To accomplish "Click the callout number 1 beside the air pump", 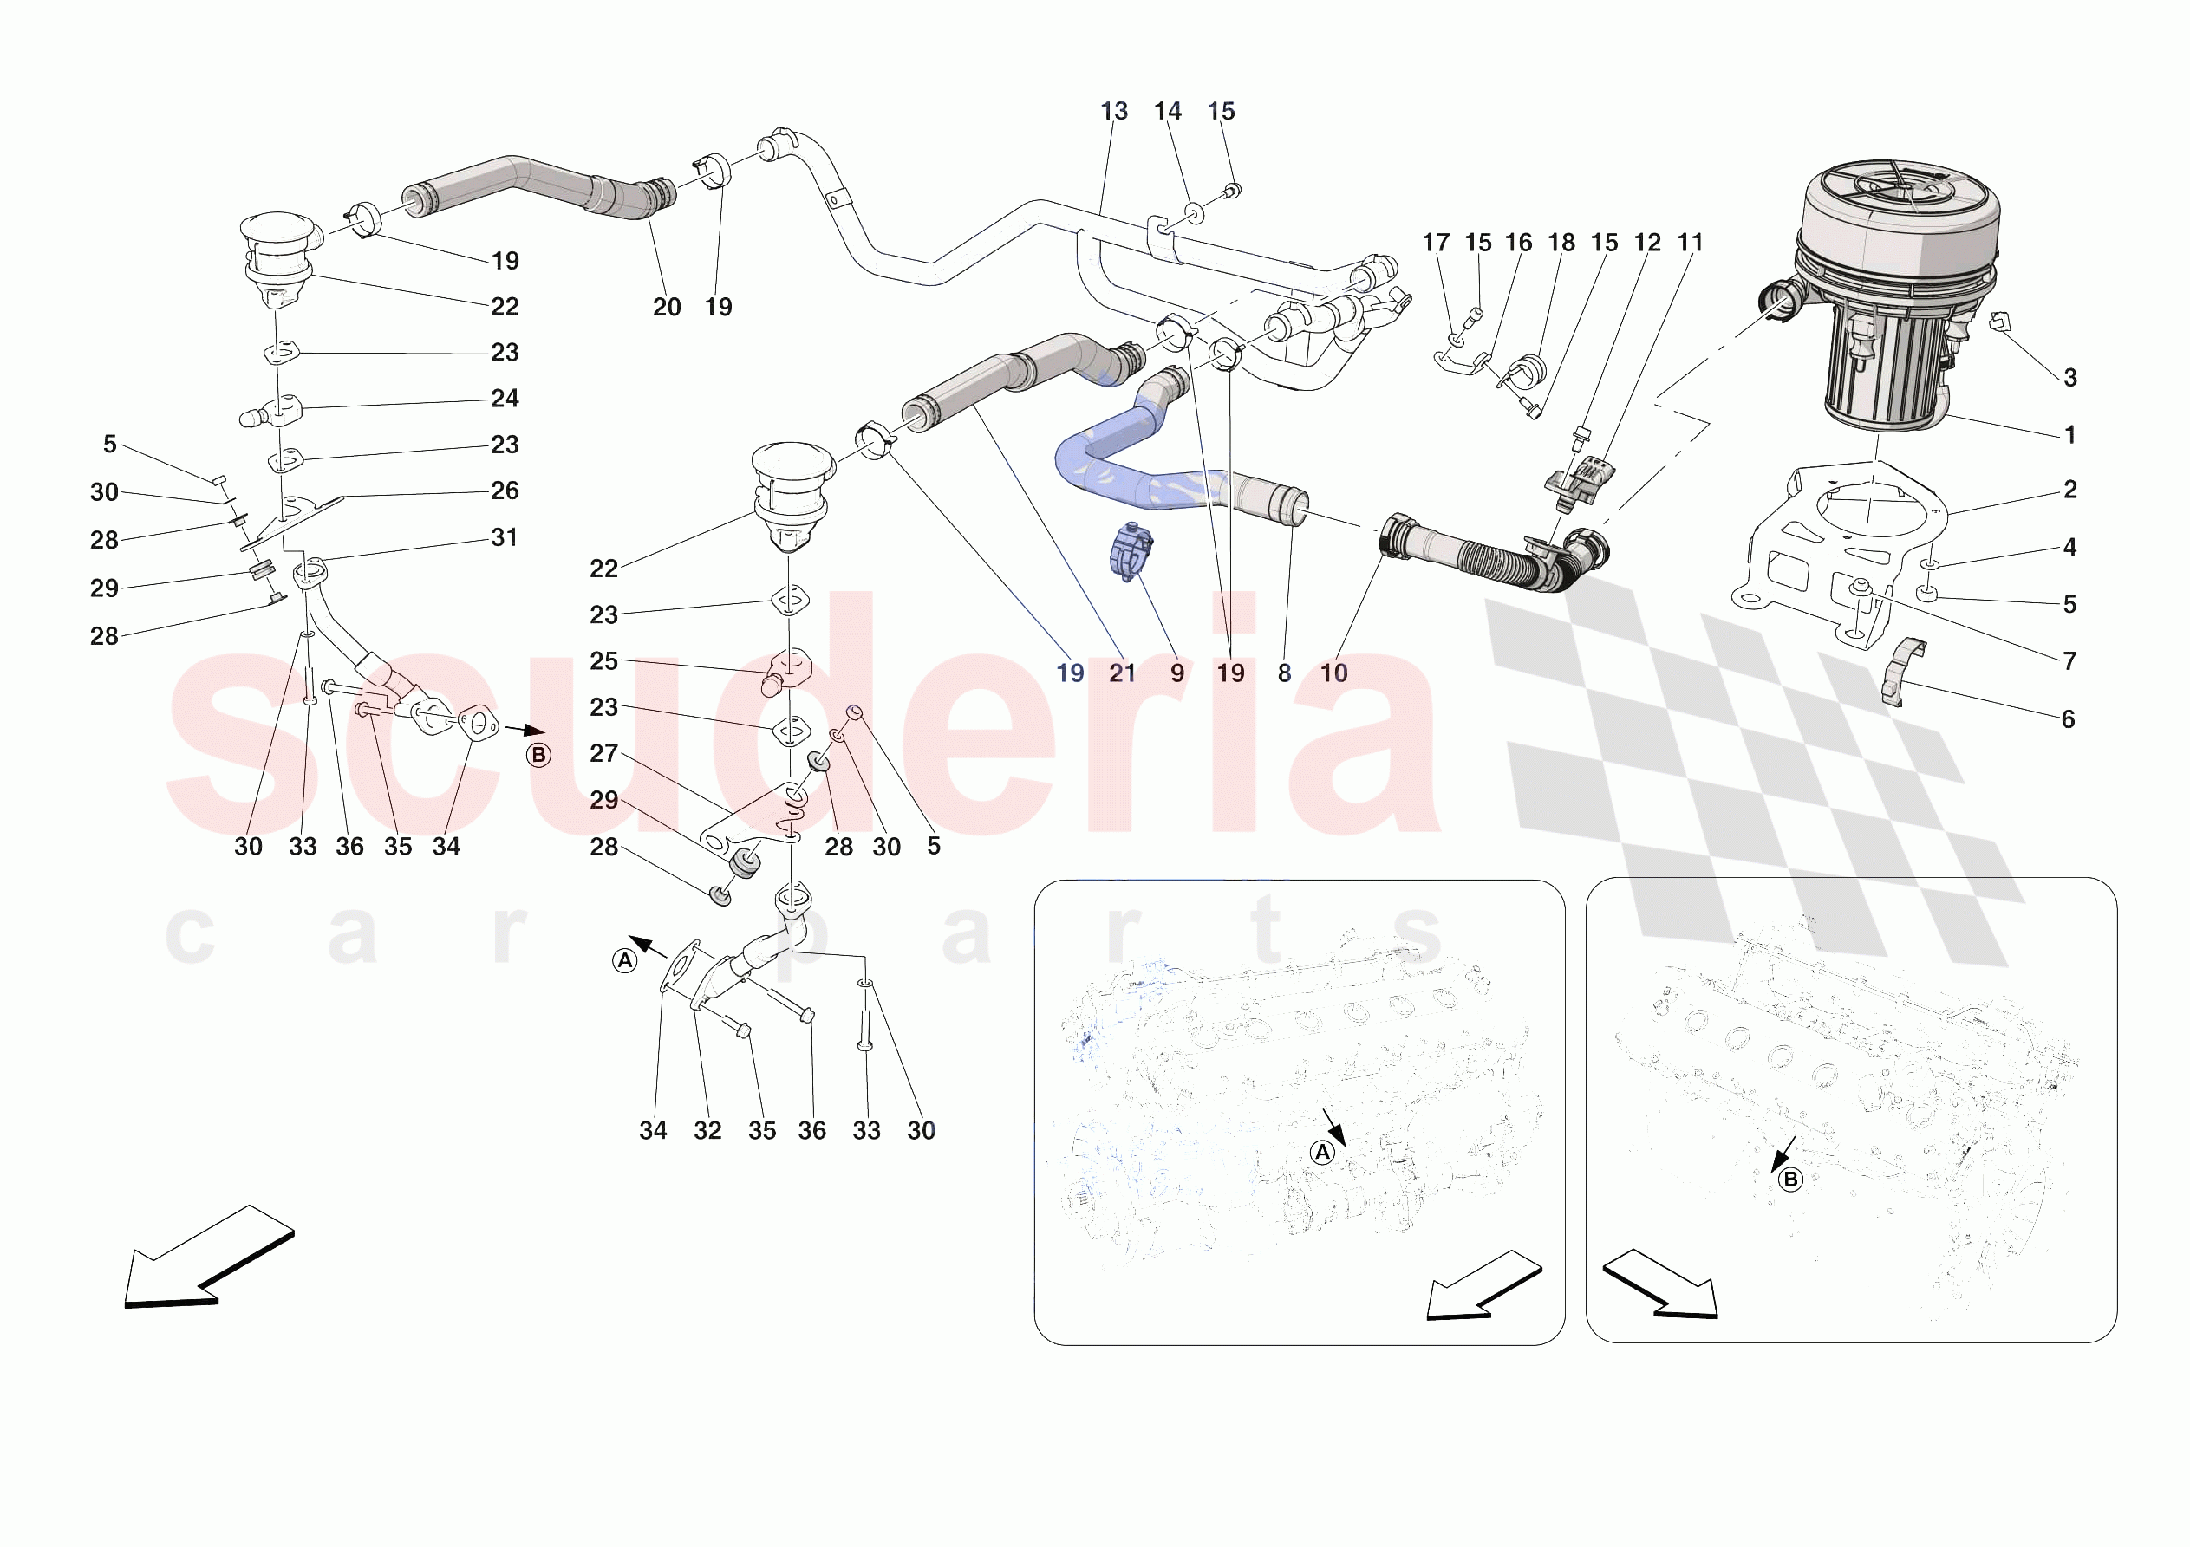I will point(2069,435).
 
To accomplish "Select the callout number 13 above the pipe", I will point(1113,112).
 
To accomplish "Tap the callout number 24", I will point(505,399).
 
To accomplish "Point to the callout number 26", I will point(505,491).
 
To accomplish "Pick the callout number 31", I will point(505,538).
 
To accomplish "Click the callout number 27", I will point(603,753).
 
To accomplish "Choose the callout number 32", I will point(707,1130).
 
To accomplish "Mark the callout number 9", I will point(1177,673).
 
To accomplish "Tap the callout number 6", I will point(2068,719).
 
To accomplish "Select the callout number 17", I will point(1436,244).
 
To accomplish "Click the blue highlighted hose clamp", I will point(1131,551).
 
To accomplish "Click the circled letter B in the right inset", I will point(1790,1180).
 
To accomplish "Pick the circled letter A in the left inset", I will point(1322,1152).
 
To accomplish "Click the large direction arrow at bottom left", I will point(205,1259).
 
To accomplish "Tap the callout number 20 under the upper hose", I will point(667,307).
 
